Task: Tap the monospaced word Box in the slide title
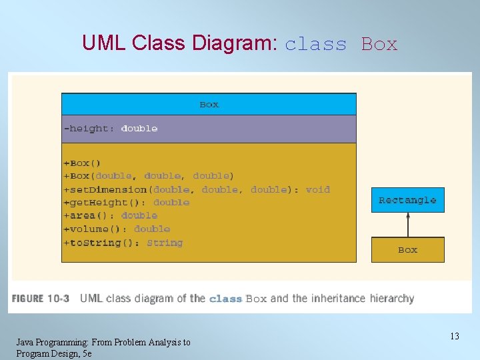(379, 45)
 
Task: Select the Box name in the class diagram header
(209, 105)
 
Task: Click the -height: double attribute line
(111, 129)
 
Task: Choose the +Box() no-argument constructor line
(82, 163)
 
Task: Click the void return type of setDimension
(317, 189)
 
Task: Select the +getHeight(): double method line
(126, 203)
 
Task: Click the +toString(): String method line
(123, 243)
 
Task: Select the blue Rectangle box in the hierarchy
(407, 200)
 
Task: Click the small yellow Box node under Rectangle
(407, 250)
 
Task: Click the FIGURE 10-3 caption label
(40, 299)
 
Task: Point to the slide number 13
(454, 336)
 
